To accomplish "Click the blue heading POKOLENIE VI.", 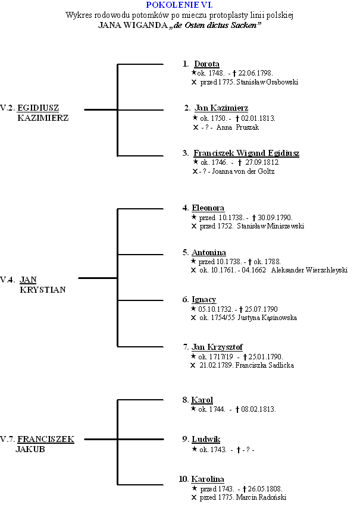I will pos(180,5).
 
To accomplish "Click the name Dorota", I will pos(206,64).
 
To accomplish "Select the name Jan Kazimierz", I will pos(221,108).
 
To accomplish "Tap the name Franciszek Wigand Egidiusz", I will pos(246,153).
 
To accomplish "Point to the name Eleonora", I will pos(208,208).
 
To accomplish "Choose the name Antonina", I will pos(208,253).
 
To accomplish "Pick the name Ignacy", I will pos(204,299).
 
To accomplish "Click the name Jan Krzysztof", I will pos(217,347).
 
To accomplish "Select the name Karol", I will pos(202,400).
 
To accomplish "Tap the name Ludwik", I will pos(206,439).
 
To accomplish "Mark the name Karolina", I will pos(208,479).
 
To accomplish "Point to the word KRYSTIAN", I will pos(42,290).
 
